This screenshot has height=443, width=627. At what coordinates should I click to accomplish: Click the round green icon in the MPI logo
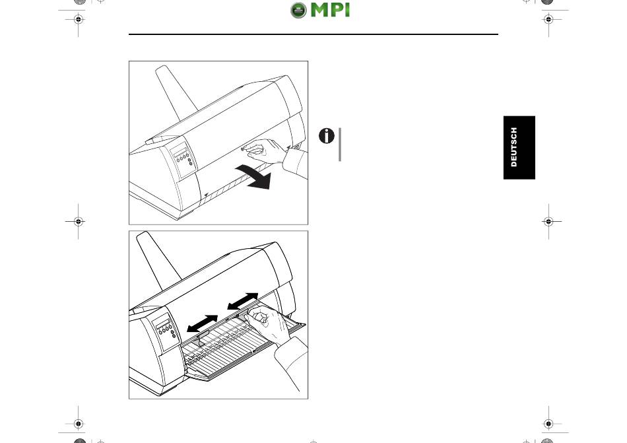298,11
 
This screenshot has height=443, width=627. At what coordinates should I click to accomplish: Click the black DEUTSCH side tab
519,147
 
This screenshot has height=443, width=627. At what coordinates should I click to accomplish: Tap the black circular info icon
326,137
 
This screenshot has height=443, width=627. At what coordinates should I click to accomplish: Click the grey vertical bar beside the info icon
340,145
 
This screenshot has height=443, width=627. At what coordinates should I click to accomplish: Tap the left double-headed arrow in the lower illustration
202,323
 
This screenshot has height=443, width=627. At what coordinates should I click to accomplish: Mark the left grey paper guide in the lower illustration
199,341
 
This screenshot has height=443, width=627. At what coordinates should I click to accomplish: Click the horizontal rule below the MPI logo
313,34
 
